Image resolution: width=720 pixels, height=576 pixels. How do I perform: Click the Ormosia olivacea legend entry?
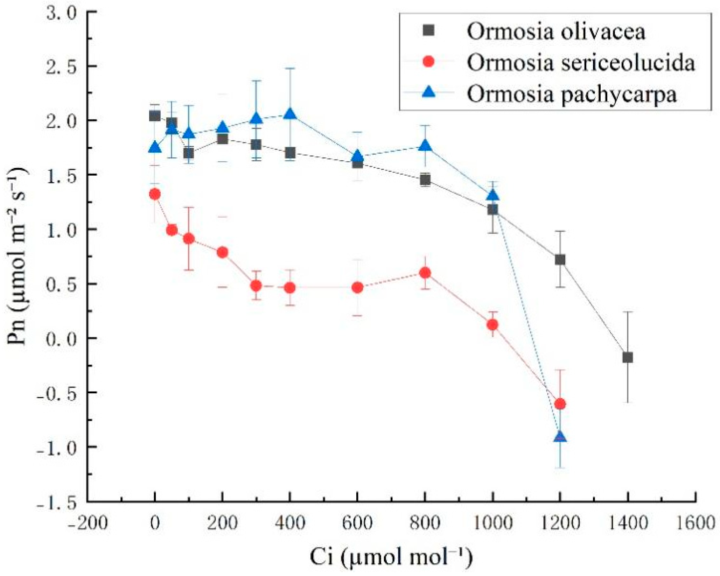pyautogui.click(x=555, y=31)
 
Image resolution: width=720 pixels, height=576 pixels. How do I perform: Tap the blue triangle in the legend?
pyautogui.click(x=428, y=93)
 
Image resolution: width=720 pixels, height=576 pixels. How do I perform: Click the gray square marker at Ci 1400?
pyautogui.click(x=627, y=358)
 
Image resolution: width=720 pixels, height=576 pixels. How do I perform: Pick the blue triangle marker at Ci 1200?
pyautogui.click(x=560, y=436)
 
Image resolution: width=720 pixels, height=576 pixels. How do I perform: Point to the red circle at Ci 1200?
pyautogui.click(x=560, y=404)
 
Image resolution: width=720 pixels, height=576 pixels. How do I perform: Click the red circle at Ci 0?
pyautogui.click(x=155, y=194)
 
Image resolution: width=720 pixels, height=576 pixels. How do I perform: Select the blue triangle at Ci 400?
pyautogui.click(x=290, y=114)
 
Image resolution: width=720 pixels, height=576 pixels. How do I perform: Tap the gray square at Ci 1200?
pyautogui.click(x=560, y=260)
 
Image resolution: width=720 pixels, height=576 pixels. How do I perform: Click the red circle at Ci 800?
pyautogui.click(x=425, y=273)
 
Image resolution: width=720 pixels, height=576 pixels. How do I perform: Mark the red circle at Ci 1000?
pyautogui.click(x=492, y=325)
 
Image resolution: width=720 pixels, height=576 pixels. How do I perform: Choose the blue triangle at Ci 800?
pyautogui.click(x=425, y=146)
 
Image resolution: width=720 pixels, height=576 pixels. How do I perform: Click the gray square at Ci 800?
pyautogui.click(x=425, y=180)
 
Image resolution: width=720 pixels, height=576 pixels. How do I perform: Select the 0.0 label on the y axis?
pyautogui.click(x=61, y=339)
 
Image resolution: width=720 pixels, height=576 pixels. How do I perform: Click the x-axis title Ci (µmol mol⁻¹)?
pyautogui.click(x=391, y=556)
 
